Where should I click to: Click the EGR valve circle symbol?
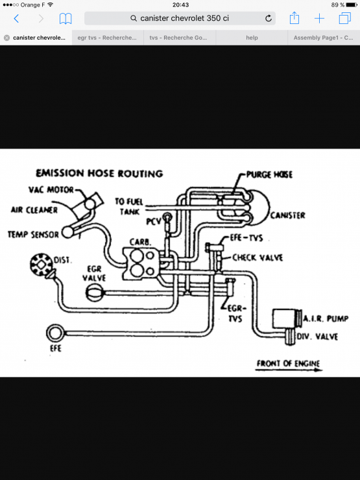point(94,293)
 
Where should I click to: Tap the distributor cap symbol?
point(42,265)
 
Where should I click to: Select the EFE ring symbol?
point(55,333)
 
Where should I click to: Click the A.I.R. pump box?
point(285,319)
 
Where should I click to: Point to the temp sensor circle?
point(68,232)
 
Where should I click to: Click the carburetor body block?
point(141,264)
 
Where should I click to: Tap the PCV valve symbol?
point(167,218)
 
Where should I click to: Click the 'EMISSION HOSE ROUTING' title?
point(99,173)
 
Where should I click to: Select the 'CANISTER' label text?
point(288,215)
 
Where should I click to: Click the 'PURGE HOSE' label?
point(269,174)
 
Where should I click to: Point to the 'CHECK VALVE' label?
point(258,258)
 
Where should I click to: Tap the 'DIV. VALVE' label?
point(317,337)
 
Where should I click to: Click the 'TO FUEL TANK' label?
point(129,206)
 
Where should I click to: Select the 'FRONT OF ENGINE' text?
point(288,363)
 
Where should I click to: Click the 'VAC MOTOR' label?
point(51,190)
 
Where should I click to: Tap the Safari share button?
point(294,18)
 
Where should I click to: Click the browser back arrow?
point(16,18)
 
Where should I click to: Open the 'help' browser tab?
point(252,38)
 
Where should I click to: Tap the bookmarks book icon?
point(66,18)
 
